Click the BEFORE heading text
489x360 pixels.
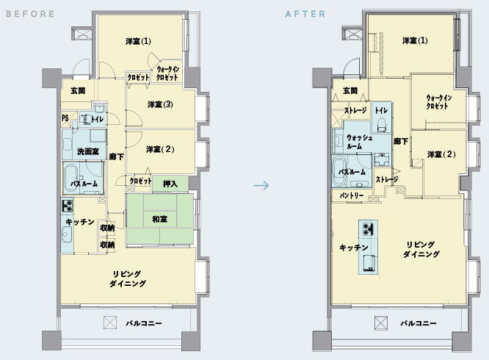coord(30,14)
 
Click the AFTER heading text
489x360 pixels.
coord(305,14)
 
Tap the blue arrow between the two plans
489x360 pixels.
coord(261,186)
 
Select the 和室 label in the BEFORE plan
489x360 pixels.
coord(159,220)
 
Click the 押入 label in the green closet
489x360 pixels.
coord(170,184)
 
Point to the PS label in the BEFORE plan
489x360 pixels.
coord(65,118)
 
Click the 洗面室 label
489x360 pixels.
coord(88,151)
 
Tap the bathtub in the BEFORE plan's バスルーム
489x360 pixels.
coord(70,178)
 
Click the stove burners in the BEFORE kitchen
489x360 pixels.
coord(68,206)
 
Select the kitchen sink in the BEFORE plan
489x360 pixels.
coord(67,234)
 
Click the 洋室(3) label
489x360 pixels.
coord(160,104)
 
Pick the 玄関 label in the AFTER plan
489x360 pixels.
coord(350,91)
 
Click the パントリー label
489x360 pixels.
coord(352,195)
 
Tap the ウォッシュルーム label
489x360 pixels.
coord(359,142)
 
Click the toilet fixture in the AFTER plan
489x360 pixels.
coord(381,125)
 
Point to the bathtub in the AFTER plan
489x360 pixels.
coord(338,171)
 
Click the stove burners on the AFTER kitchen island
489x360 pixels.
coord(368,228)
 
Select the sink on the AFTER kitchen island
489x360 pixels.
coord(369,263)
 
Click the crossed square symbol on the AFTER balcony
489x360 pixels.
coord(381,323)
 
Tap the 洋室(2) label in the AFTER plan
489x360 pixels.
coord(441,154)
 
